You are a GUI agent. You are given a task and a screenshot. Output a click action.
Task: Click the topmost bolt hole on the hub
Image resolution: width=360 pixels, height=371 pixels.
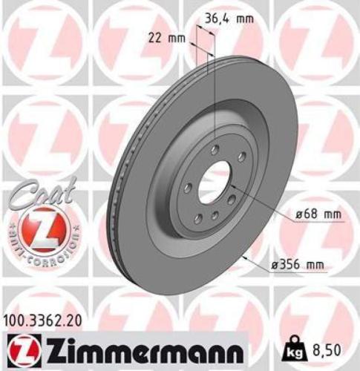coord(215,150)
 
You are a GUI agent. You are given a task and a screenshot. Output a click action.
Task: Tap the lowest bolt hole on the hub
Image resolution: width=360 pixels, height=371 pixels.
coord(213,215)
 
